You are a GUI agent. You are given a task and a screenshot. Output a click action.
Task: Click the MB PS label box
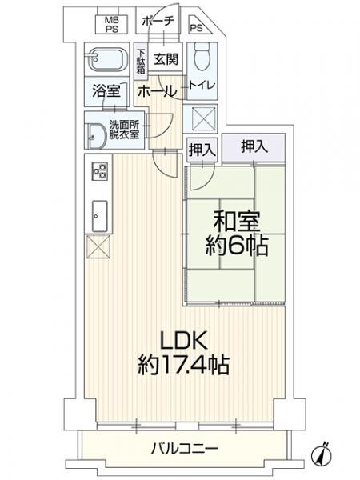click(112, 25)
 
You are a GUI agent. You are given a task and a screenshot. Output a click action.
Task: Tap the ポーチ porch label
click(158, 21)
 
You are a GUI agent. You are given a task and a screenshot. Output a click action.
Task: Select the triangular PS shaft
click(199, 25)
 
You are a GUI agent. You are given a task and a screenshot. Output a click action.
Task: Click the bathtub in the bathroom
click(106, 59)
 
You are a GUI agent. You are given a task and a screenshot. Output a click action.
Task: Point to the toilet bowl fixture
click(202, 56)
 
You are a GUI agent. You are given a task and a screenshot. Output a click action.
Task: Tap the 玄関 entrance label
click(166, 58)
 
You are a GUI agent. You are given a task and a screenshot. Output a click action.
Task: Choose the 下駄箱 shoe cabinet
click(141, 61)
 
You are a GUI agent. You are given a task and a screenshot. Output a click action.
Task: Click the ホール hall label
click(157, 90)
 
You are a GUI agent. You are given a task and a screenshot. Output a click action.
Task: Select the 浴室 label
click(106, 90)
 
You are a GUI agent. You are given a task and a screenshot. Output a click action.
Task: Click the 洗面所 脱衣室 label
click(125, 130)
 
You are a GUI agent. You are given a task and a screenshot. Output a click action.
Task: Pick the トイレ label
click(202, 86)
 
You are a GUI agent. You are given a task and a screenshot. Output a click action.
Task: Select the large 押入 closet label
click(254, 146)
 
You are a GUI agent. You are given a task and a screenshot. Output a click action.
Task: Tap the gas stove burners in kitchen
click(99, 171)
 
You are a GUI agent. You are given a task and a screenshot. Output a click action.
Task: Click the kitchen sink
click(99, 217)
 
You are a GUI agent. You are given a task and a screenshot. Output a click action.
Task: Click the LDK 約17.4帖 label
click(184, 353)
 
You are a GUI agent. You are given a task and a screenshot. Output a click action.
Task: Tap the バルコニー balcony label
click(185, 449)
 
